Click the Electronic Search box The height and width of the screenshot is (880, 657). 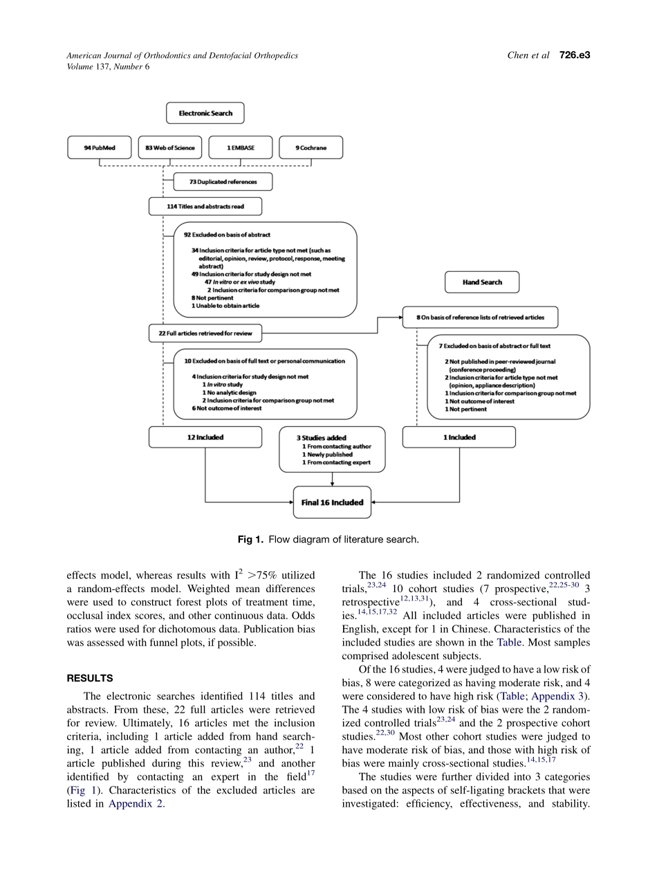205,113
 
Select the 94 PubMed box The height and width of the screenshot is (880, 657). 99,147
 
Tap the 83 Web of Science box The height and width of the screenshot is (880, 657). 169,147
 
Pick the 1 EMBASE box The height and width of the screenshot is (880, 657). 240,147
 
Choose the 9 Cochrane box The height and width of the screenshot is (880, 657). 311,147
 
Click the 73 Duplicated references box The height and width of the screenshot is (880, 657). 222,182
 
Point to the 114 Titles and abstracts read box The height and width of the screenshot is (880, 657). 205,206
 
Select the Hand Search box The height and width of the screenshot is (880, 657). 481,282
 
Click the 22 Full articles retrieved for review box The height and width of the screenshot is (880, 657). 205,333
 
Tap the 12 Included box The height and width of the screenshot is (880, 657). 205,437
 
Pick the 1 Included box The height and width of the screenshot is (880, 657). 459,437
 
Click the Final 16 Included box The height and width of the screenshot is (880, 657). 332,503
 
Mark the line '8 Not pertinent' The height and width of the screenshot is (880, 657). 214,298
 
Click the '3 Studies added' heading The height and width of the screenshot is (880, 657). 322,438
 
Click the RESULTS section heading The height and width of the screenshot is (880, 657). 90,679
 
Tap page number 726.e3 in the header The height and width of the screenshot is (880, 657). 574,55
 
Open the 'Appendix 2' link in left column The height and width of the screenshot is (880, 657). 136,804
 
